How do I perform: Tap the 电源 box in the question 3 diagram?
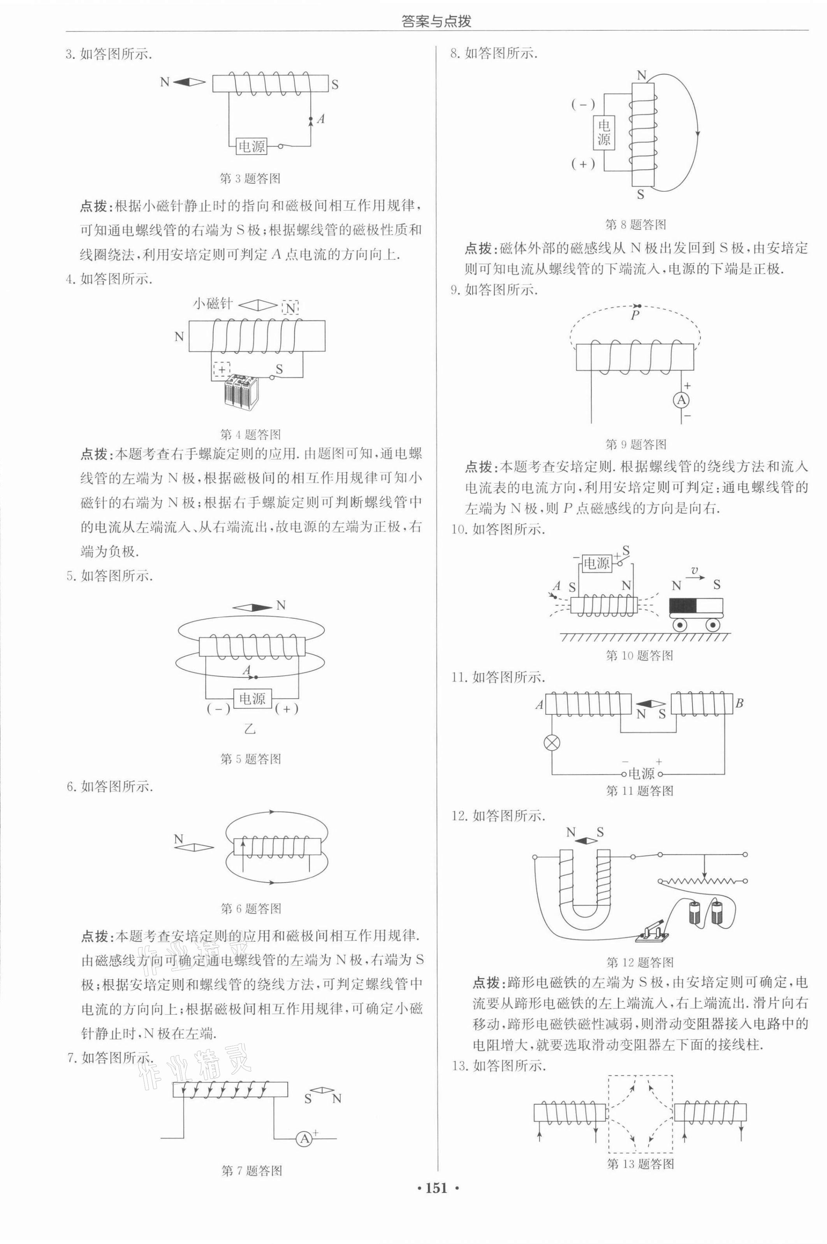(252, 146)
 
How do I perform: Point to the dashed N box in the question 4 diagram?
(290, 307)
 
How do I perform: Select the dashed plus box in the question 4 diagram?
(222, 369)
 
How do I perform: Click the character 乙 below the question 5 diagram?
(250, 729)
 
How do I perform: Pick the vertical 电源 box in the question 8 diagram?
(604, 132)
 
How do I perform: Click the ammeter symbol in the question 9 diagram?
(682, 400)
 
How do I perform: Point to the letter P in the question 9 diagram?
(635, 315)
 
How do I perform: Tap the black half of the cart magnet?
(683, 606)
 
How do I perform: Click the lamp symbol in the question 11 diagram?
(552, 744)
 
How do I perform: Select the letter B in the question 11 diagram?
(739, 703)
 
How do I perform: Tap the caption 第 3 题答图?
(250, 178)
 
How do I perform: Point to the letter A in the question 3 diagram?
(320, 119)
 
